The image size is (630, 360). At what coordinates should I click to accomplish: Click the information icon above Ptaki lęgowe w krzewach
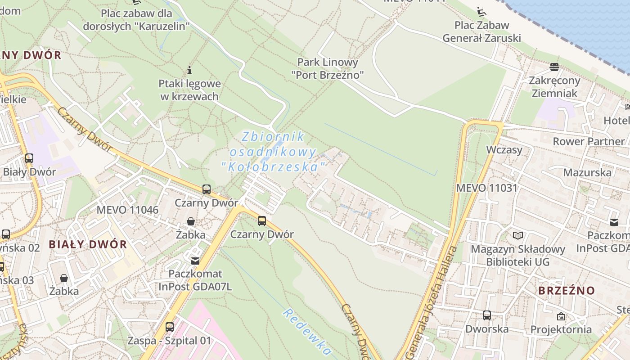pyautogui.click(x=189, y=70)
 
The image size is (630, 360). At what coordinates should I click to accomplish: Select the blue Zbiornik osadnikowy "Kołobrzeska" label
pyautogui.click(x=274, y=152)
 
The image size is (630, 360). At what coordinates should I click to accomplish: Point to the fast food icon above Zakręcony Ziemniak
pyautogui.click(x=554, y=67)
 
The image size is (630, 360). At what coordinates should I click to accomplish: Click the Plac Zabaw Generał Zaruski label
pyautogui.click(x=481, y=31)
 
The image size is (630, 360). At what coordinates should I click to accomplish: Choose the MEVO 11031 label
pyautogui.click(x=487, y=188)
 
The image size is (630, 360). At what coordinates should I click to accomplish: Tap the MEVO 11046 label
pyautogui.click(x=127, y=210)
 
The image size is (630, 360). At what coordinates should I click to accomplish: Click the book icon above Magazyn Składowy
pyautogui.click(x=518, y=235)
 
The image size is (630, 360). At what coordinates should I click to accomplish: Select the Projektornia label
pyautogui.click(x=561, y=329)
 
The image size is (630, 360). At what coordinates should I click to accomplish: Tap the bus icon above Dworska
pyautogui.click(x=487, y=315)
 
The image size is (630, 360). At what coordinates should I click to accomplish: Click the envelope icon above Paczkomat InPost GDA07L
pyautogui.click(x=195, y=261)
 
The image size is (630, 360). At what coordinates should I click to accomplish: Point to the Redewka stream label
pyautogui.click(x=307, y=332)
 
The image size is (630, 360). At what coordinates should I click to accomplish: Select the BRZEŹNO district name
pyautogui.click(x=567, y=290)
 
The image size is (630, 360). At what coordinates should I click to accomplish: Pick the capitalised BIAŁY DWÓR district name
pyautogui.click(x=88, y=244)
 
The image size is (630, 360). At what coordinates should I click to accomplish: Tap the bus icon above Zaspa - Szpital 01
pyautogui.click(x=170, y=327)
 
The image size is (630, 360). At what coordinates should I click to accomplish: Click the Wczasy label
pyautogui.click(x=504, y=150)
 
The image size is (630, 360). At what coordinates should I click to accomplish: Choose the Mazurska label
pyautogui.click(x=587, y=172)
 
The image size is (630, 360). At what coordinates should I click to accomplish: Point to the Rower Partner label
pyautogui.click(x=589, y=141)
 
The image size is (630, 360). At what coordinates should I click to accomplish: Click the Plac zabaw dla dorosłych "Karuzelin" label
pyautogui.click(x=136, y=19)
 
